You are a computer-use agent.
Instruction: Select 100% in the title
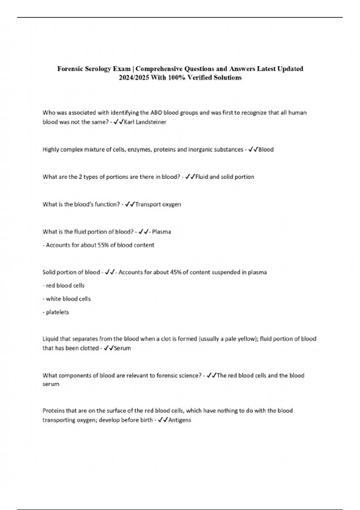point(176,78)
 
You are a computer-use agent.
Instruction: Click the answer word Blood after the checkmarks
point(266,149)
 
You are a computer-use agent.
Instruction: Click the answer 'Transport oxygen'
point(158,204)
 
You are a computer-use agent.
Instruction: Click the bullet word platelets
point(57,312)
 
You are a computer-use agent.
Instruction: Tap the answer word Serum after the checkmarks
point(122,348)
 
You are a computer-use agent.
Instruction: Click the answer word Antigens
point(180,420)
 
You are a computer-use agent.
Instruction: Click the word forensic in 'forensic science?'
point(166,376)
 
